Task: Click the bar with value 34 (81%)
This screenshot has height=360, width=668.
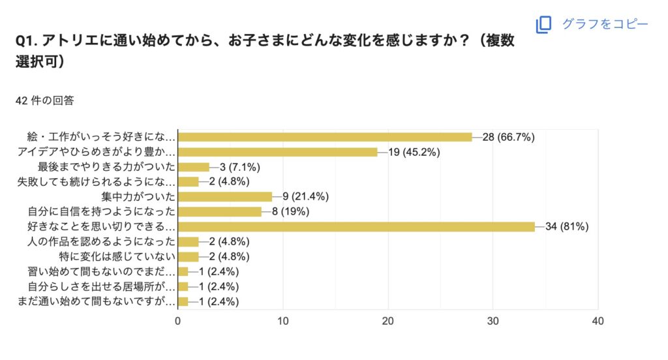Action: [356, 226]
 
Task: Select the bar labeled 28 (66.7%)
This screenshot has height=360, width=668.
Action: [325, 137]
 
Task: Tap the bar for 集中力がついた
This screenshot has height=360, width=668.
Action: [225, 196]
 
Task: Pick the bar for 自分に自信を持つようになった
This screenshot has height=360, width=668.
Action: [220, 211]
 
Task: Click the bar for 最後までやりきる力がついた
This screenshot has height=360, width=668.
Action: [194, 167]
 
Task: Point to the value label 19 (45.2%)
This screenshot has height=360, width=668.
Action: [414, 152]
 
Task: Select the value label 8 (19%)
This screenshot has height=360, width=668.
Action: [294, 211]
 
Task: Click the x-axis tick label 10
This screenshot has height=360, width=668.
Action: [283, 321]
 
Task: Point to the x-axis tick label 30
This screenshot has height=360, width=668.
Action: [493, 321]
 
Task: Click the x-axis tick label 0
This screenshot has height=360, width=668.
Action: [178, 321]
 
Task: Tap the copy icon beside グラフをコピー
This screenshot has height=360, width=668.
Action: [543, 24]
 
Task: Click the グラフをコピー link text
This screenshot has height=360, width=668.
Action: [605, 24]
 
